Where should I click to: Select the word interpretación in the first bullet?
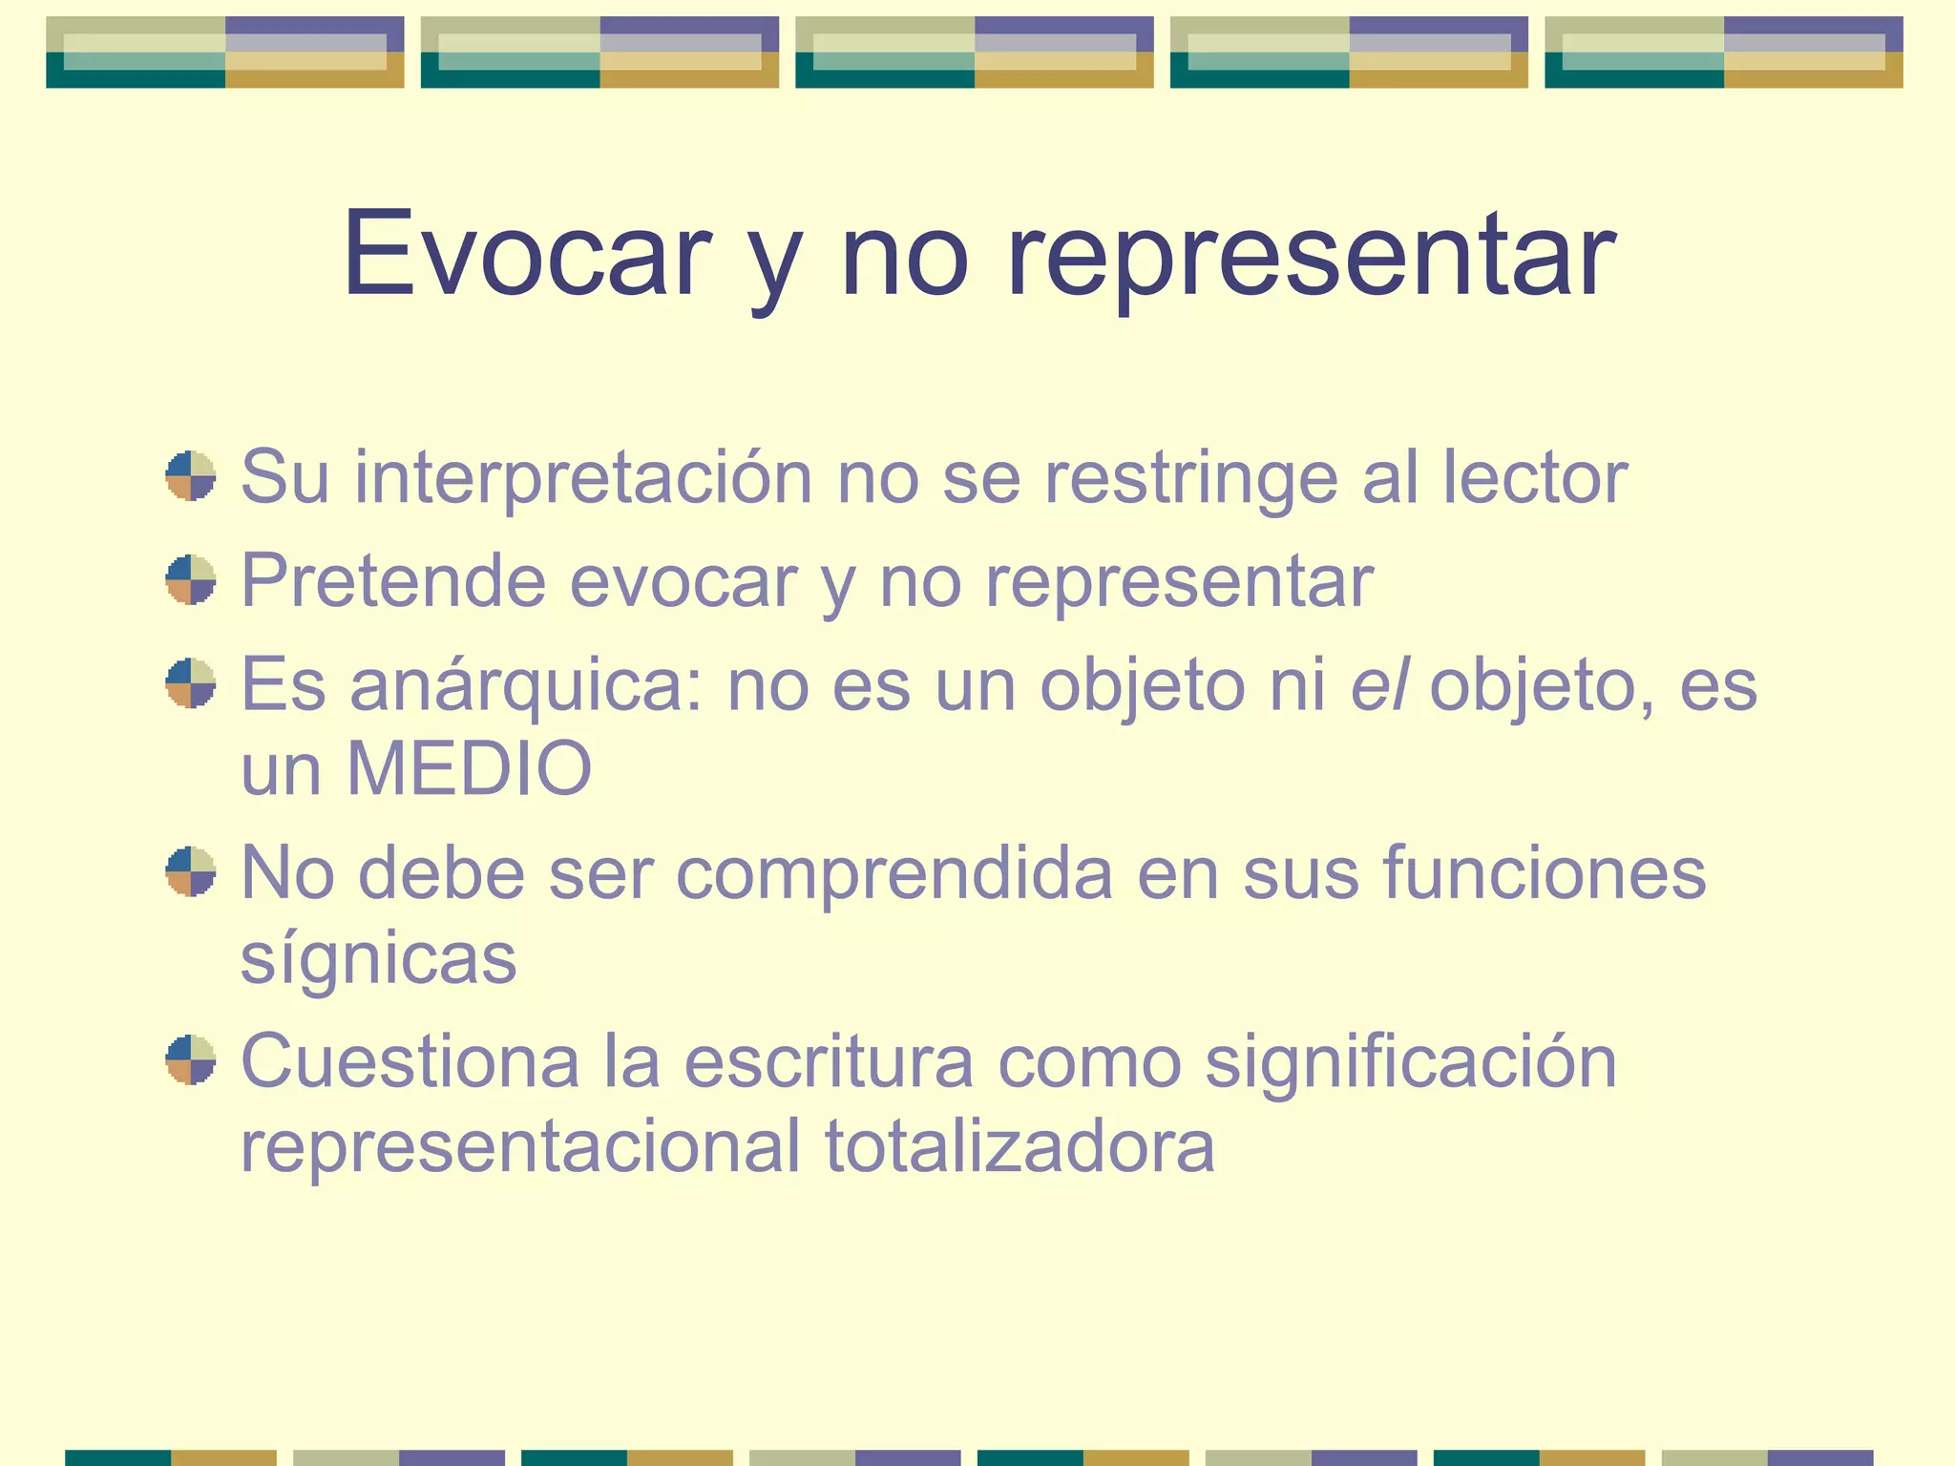tap(583, 476)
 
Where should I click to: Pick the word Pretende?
tap(392, 580)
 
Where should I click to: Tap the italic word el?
tap(1378, 684)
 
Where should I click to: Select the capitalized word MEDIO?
tap(469, 768)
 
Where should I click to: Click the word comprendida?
tap(894, 874)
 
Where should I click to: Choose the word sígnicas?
tap(378, 960)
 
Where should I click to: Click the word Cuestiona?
tap(410, 1061)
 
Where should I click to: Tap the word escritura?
tap(829, 1061)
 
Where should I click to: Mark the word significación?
tap(1411, 1063)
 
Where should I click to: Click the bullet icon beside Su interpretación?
tap(190, 476)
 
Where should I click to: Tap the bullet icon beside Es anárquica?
tap(190, 683)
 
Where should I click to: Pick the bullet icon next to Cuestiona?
tap(190, 1060)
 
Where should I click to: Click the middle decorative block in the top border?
tap(974, 52)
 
